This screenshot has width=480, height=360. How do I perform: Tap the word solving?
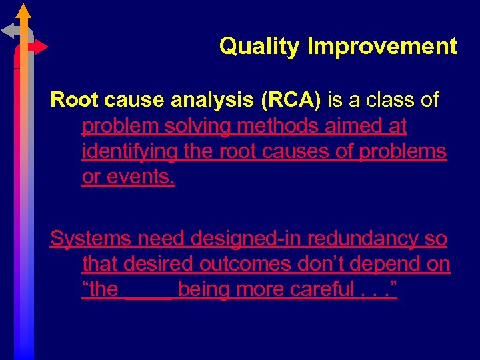coord(195,126)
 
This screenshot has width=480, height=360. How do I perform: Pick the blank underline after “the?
coord(149,291)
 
